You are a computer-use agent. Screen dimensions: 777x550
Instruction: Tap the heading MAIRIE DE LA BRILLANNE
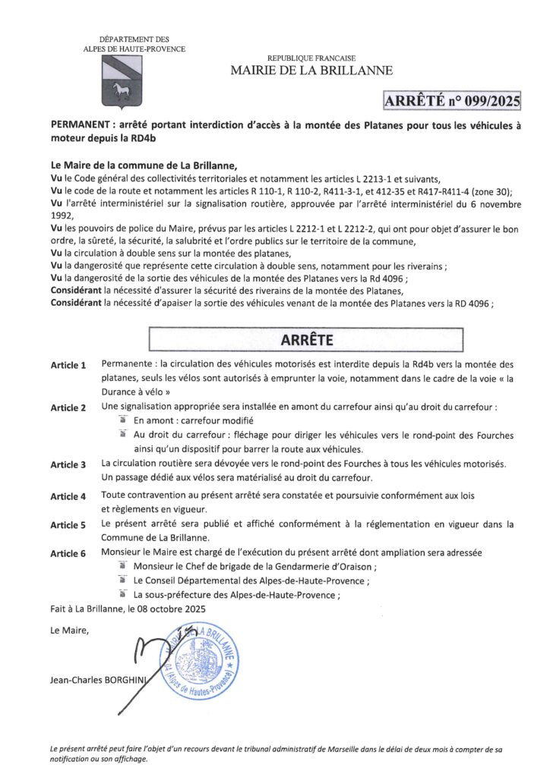tap(312, 71)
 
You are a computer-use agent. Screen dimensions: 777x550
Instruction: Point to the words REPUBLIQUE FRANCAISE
tap(311, 58)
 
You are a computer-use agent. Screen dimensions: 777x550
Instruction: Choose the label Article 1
tap(68, 366)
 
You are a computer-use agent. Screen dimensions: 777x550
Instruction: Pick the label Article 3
tap(68, 464)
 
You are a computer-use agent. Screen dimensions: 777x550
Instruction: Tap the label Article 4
tap(68, 496)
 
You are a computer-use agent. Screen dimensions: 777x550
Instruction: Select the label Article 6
tap(68, 553)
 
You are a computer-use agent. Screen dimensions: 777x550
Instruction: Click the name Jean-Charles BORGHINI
tap(96, 681)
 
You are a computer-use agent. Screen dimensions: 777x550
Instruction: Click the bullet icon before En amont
tap(122, 420)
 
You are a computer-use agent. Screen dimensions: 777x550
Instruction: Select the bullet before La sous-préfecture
tap(122, 595)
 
